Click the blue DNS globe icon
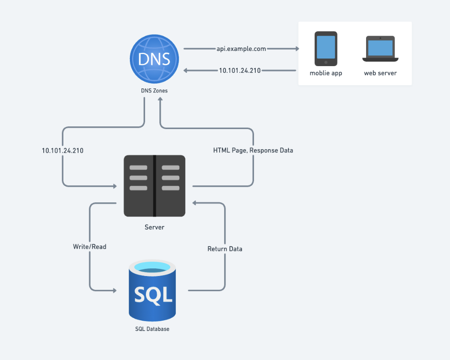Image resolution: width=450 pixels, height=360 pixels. [x=154, y=59]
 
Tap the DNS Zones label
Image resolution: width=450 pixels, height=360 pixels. [x=154, y=91]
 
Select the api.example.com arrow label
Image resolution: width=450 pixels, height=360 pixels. [x=241, y=49]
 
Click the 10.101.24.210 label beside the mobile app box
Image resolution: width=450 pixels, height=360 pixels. [x=240, y=71]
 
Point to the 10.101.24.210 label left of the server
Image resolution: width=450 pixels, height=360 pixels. [x=62, y=151]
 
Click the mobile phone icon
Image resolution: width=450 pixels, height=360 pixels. [x=326, y=49]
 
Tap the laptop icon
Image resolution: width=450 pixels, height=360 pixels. [x=380, y=49]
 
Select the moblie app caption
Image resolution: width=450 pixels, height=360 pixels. [x=326, y=73]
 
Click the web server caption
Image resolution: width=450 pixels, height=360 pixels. [x=380, y=73]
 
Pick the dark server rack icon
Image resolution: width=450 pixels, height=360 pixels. [x=154, y=186]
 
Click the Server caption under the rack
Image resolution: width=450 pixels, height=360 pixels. [x=154, y=227]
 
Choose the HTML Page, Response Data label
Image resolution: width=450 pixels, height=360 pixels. [x=253, y=151]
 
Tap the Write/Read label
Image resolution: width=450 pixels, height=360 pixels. [x=90, y=247]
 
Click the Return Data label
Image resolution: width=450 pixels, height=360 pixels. [x=225, y=249]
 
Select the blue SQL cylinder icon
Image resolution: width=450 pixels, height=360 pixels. [x=152, y=290]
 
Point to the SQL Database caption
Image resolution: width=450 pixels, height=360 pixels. [x=152, y=329]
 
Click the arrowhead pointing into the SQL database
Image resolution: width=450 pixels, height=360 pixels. [x=115, y=290]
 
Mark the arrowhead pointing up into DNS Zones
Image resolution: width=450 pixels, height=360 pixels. [x=160, y=99]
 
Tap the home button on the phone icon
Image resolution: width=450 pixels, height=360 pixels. [x=326, y=62]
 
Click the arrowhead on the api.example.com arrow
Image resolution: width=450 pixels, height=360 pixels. [x=297, y=49]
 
